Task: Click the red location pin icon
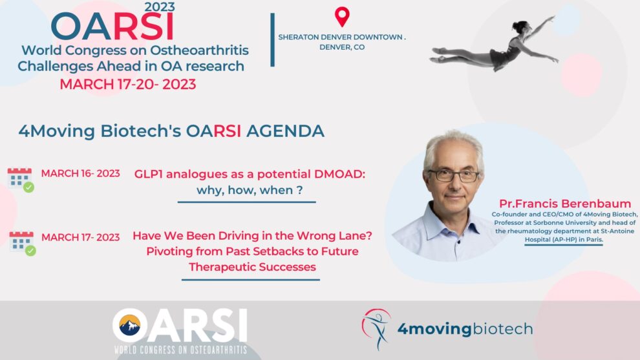tap(342, 17)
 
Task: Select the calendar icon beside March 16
tap(21, 180)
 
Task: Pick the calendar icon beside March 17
tap(22, 244)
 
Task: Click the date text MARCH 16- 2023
tap(80, 173)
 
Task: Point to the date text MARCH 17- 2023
tap(80, 237)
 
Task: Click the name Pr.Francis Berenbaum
tap(565, 203)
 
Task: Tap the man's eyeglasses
tap(453, 176)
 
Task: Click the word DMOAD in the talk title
tap(339, 174)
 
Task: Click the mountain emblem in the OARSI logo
tap(130, 325)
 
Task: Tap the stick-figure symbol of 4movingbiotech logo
tap(376, 329)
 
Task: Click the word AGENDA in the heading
tap(285, 131)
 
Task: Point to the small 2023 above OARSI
tap(160, 6)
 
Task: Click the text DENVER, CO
tap(342, 47)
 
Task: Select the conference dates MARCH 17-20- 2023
tap(128, 84)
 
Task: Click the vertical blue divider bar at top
tap(272, 39)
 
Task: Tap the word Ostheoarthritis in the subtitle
tap(199, 50)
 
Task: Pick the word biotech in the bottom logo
tap(502, 329)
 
